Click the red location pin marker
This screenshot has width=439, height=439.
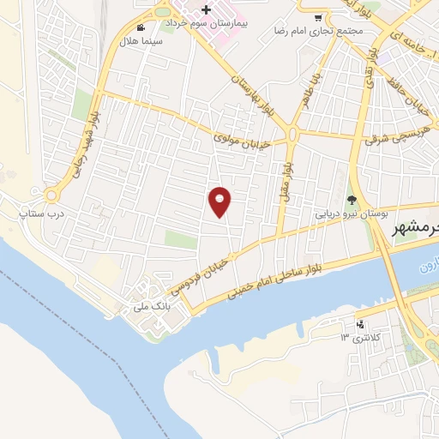(x=220, y=201)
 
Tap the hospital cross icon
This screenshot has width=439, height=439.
(x=206, y=9)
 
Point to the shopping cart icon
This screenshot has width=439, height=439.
(x=319, y=17)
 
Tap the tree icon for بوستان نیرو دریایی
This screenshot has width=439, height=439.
(x=351, y=200)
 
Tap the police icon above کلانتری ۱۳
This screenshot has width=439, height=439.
(x=360, y=324)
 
